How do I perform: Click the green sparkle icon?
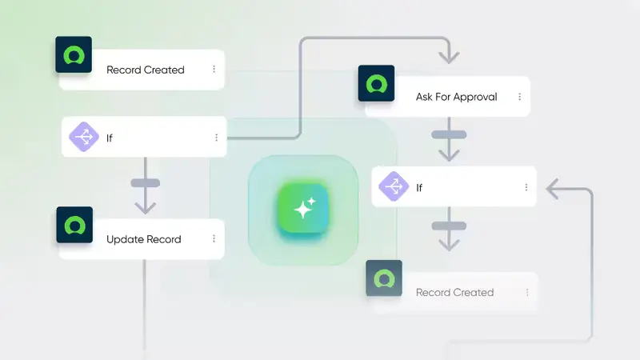pos(303,208)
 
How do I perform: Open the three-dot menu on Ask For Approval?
pos(520,97)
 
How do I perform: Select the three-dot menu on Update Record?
pos(214,238)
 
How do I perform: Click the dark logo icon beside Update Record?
pos(74,226)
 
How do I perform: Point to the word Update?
pos(125,239)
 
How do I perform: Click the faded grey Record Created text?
pos(454,292)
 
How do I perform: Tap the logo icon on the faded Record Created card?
pos(384,278)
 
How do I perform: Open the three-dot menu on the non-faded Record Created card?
pos(214,70)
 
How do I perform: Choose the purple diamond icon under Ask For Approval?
pos(394,187)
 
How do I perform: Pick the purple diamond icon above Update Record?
pos(84,137)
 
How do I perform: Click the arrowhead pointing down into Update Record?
pos(145,206)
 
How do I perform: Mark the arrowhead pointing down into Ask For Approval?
pos(449,57)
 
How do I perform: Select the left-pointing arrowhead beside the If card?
pos(553,190)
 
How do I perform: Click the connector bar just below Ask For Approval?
pos(449,134)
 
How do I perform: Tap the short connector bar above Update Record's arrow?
pos(145,183)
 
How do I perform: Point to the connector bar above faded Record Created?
pos(449,226)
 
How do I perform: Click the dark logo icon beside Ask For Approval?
pos(376,83)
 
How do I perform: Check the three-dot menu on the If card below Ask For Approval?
pos(526,187)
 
